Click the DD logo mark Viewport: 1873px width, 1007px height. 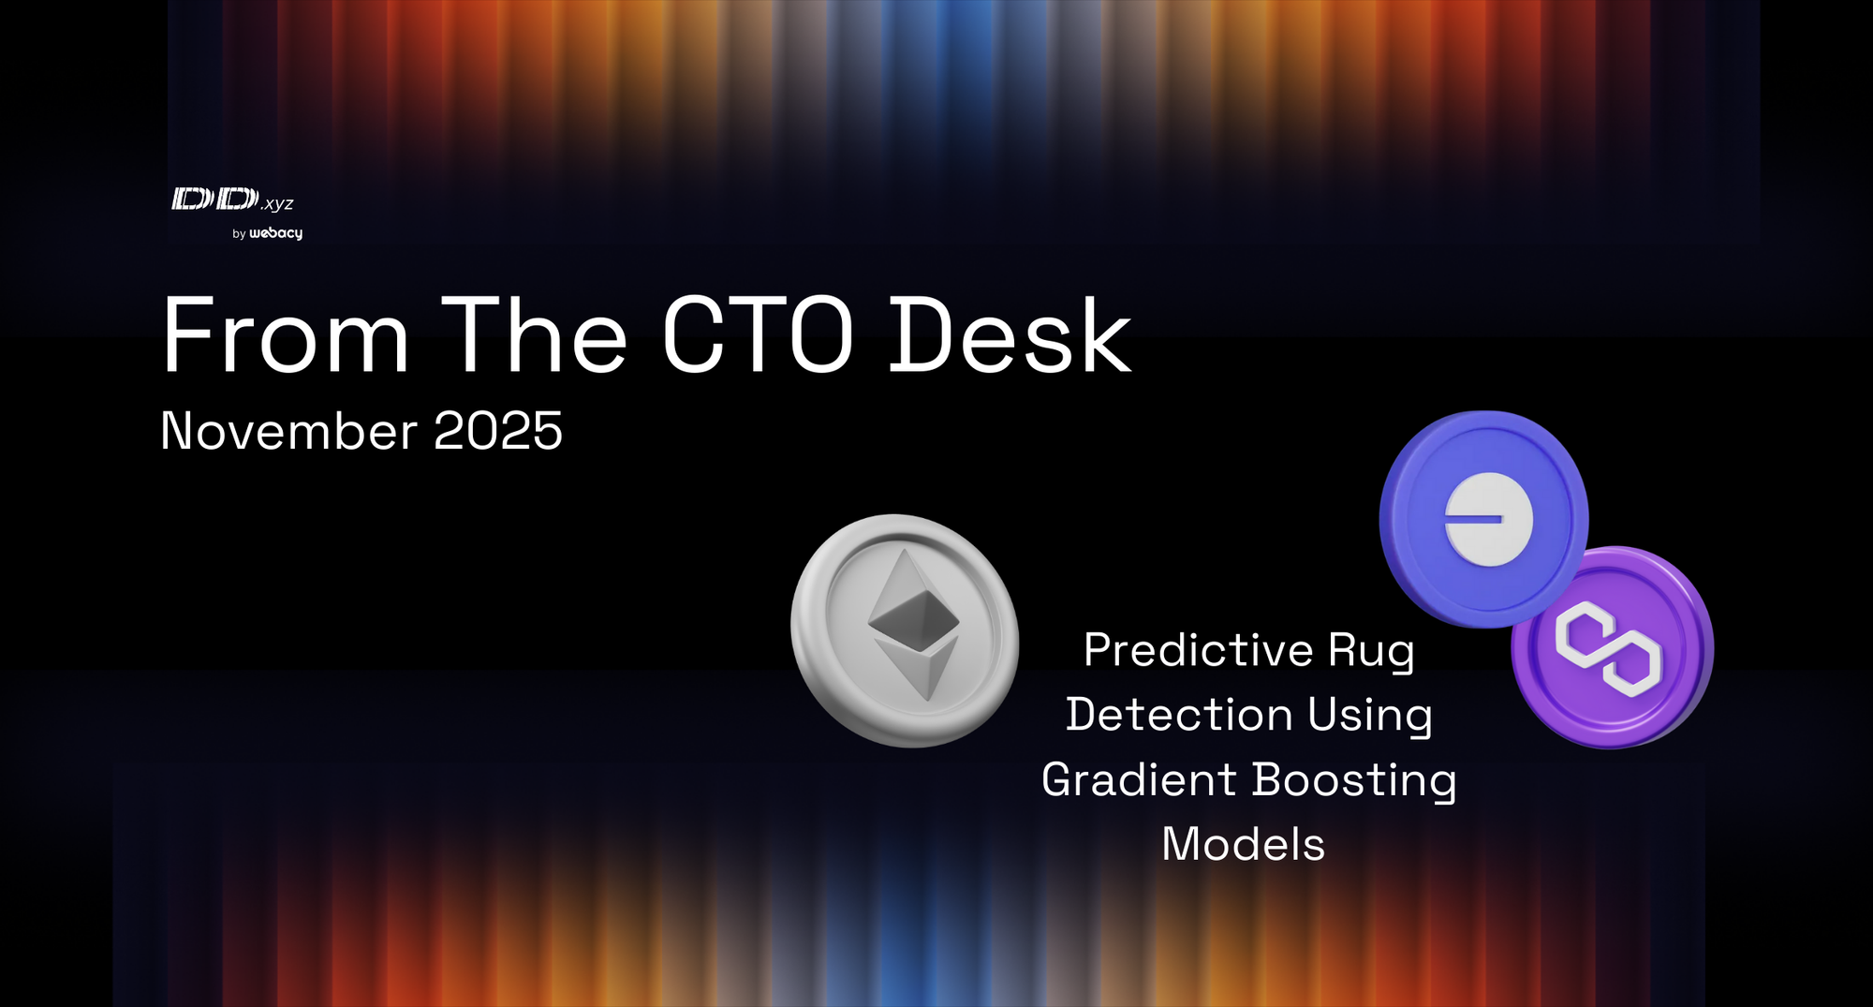pos(214,199)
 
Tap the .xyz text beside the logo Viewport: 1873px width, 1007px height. pos(278,203)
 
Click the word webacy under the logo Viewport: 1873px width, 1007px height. pos(276,233)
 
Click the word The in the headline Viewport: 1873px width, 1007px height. pos(534,336)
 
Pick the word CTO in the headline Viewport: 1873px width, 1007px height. pos(758,336)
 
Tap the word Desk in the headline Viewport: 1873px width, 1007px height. pos(1010,336)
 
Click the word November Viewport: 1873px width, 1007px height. pos(288,431)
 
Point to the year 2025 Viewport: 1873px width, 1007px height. pos(497,431)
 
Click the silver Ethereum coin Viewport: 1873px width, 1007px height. pos(905,630)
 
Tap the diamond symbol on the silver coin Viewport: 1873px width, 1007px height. pos(914,623)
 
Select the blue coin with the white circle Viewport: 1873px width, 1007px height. pos(1483,518)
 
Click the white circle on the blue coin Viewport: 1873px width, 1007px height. pos(1488,519)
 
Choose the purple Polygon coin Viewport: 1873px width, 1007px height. pos(1614,647)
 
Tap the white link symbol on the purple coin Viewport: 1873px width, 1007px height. pos(1608,649)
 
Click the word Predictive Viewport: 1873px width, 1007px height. pos(1199,650)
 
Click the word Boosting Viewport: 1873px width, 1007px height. pos(1353,780)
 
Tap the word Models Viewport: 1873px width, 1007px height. pos(1243,844)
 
